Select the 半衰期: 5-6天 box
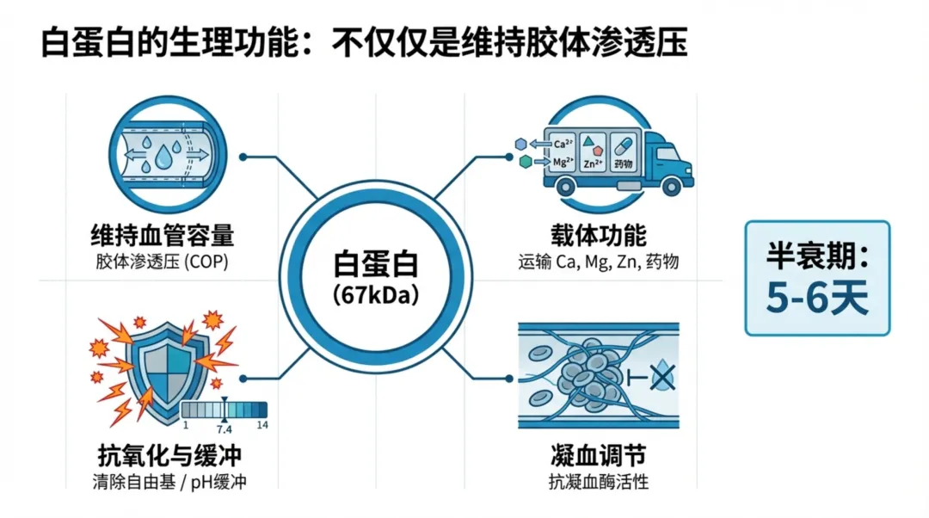tap(817, 277)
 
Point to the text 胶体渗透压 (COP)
tap(163, 262)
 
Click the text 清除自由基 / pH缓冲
tap(169, 482)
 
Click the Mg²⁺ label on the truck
tap(564, 161)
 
